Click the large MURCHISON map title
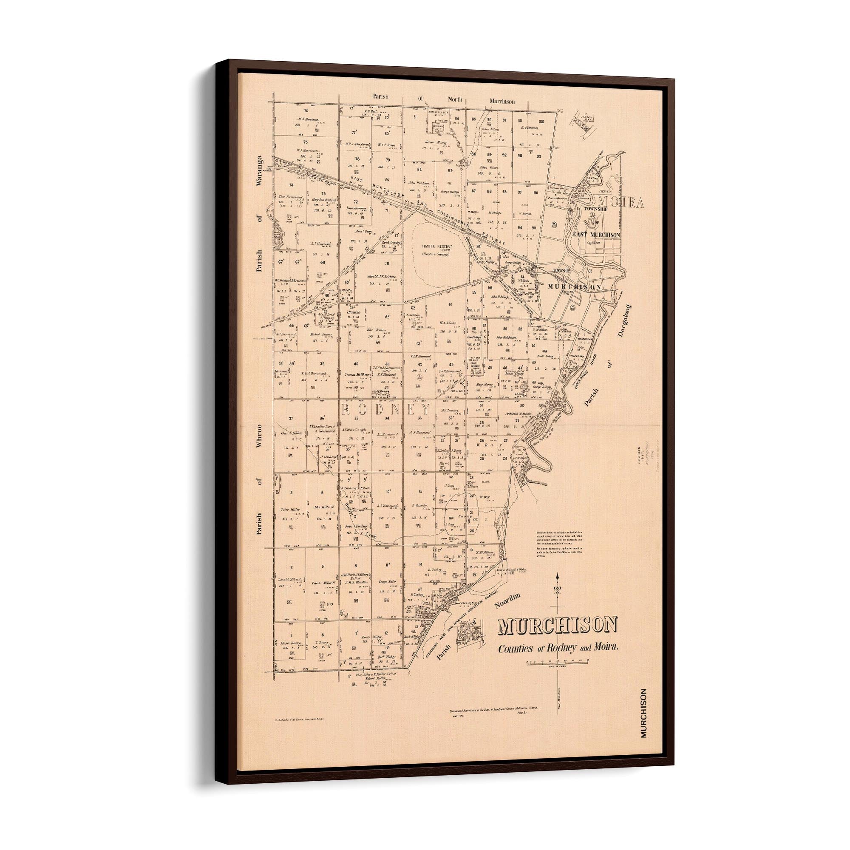[558, 626]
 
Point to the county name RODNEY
[385, 410]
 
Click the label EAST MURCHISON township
[596, 235]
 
